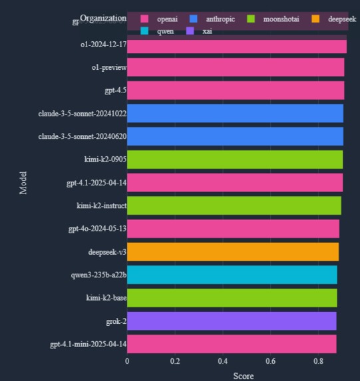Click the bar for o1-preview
coord(236,67)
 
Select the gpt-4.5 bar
coord(236,90)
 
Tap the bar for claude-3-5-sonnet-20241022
coord(235,114)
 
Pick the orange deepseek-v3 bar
coord(233,252)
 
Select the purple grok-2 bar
coord(232,321)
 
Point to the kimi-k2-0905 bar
coord(235,160)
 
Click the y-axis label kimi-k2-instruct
coord(101,206)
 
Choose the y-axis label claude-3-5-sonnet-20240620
coord(83,137)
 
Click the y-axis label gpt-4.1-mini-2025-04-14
coord(88,344)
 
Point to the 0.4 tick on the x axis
coord(223,361)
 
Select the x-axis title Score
coord(243,376)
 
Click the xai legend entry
coord(207,31)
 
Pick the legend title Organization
coord(102,19)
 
